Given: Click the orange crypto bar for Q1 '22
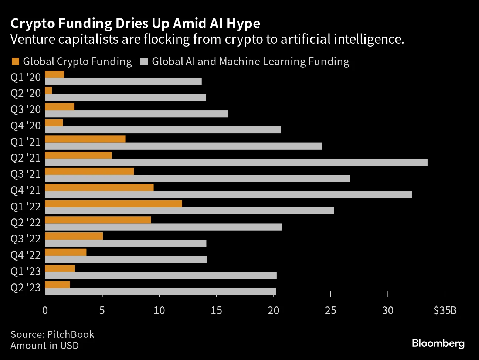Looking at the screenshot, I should tap(113, 204).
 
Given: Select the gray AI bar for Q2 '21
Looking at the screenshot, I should tap(236, 162).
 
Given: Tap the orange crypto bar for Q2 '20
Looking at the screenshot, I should tap(48, 91).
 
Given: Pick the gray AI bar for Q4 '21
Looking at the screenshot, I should tap(228, 194).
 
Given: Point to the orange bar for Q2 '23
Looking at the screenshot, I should tap(57, 285).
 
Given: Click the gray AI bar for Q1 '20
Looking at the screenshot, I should tap(123, 81).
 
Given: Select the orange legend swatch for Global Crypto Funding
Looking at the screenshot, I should tap(16, 61).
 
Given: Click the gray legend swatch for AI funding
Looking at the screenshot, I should tap(144, 61).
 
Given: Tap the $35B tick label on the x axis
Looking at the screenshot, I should tap(445, 310).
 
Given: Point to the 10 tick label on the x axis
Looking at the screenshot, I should tap(159, 310).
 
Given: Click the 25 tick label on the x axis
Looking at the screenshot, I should tap(330, 310).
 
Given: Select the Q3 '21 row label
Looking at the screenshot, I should tap(26, 174).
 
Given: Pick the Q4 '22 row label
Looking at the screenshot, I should tap(26, 255).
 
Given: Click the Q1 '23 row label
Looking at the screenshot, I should tap(26, 271).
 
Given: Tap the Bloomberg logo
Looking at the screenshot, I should tap(438, 343).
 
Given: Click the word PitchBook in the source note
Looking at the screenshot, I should tap(71, 334).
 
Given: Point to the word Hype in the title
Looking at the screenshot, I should tap(243, 23).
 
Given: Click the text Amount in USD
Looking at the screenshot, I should tap(44, 346).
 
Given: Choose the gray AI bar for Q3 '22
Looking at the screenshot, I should tap(125, 243).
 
